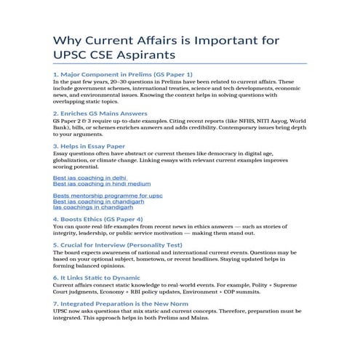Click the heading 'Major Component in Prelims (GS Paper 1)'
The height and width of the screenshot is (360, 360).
[x=123, y=75]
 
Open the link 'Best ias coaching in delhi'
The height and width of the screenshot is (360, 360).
[x=89, y=177]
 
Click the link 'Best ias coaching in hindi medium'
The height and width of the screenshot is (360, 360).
[x=102, y=184]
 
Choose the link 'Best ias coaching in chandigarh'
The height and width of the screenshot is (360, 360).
[x=98, y=201]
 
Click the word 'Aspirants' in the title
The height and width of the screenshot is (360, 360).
[x=148, y=55]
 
